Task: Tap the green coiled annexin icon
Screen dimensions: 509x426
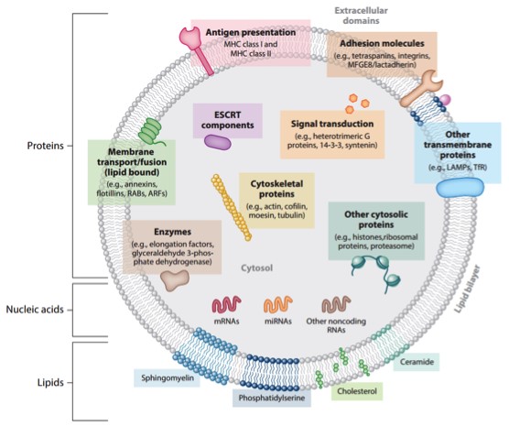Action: pos(151,131)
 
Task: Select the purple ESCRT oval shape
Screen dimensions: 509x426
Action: pos(218,142)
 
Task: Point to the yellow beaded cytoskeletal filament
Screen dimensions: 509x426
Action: pos(231,207)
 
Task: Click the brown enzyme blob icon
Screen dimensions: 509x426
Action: pos(175,280)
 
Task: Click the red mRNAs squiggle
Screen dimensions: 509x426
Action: pos(227,304)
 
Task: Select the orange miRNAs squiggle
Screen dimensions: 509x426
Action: pos(278,304)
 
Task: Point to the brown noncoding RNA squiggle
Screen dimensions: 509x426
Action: pos(336,304)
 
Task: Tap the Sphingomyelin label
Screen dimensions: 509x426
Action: pos(168,378)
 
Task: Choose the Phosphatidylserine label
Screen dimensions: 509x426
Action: pos(272,398)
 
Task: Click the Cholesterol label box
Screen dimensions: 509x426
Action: pos(357,391)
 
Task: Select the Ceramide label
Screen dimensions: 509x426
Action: pos(417,362)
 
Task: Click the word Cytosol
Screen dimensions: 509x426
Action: pos(256,268)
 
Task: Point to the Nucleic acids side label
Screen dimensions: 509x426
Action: pos(35,310)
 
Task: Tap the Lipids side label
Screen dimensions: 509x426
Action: pos(50,382)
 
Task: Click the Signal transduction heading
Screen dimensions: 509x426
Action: pos(332,124)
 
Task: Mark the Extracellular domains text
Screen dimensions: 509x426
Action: pos(361,16)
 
